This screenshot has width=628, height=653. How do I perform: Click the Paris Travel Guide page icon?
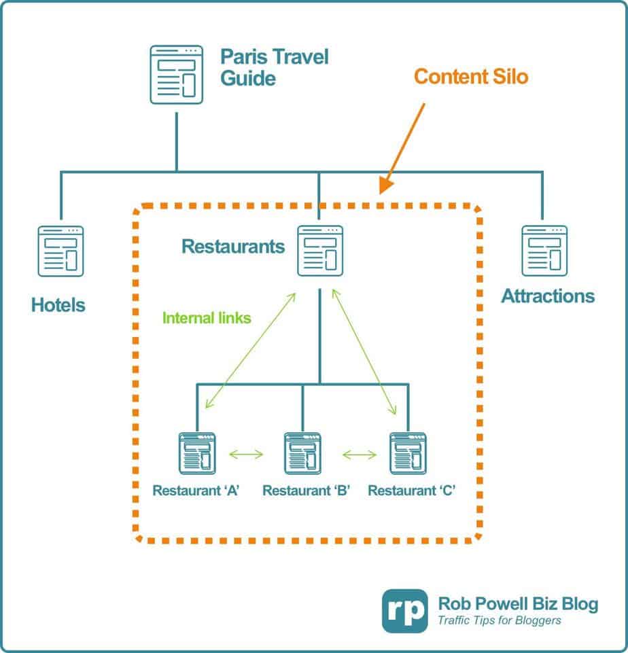[176, 74]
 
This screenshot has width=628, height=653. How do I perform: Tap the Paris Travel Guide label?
[274, 67]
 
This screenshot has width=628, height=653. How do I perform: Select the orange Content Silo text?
[471, 76]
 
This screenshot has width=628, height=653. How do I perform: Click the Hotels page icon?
[60, 251]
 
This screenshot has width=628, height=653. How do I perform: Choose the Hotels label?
[58, 305]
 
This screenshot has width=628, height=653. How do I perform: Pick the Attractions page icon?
[544, 251]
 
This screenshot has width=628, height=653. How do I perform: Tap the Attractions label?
[548, 296]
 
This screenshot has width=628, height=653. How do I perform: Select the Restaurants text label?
[233, 245]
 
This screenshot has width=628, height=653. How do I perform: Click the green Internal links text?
[207, 317]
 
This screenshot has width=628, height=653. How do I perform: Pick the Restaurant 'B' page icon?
[302, 452]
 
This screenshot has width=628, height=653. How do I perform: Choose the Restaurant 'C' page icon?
[408, 452]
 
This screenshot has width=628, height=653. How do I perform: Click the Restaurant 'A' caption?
[196, 490]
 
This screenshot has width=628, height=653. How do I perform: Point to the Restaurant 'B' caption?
[306, 490]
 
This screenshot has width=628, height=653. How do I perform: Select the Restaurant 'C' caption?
[411, 490]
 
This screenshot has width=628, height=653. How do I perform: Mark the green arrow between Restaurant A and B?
[247, 453]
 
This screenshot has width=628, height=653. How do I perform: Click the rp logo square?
[405, 610]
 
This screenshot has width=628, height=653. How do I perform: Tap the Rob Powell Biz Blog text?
[518, 603]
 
